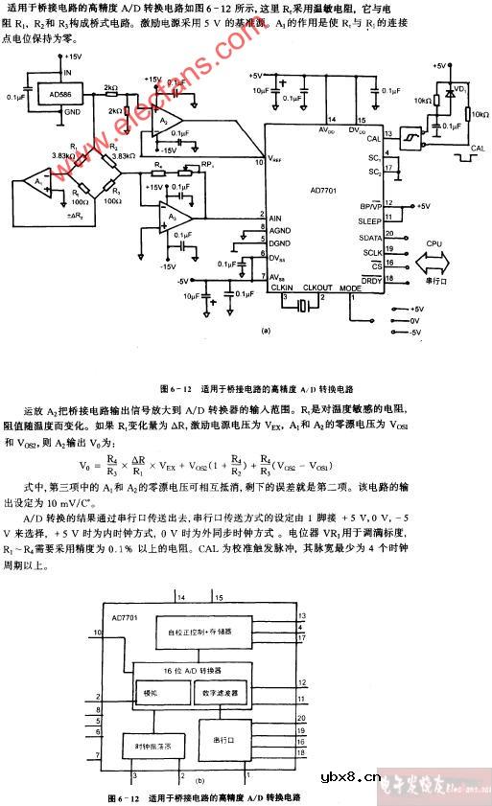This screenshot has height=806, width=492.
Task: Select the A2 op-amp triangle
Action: (x=168, y=122)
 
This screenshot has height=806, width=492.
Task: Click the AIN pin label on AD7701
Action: (x=276, y=219)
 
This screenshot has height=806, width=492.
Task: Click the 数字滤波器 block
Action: (x=222, y=691)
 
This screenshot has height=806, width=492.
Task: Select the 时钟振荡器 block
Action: (x=153, y=744)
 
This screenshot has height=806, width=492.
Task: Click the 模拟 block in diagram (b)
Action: (x=151, y=691)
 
